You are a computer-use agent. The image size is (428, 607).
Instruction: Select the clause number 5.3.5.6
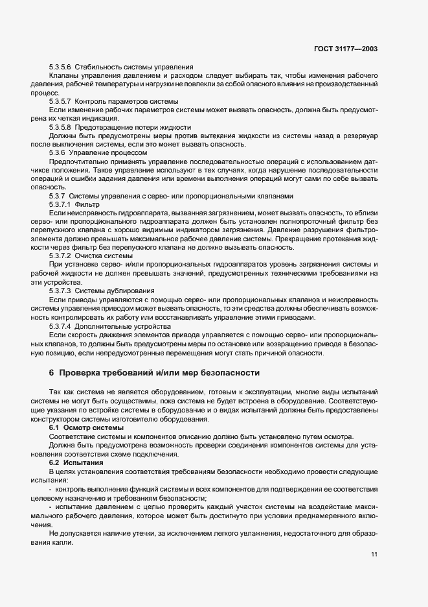(60, 67)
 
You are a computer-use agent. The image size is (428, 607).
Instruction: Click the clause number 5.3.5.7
(60, 102)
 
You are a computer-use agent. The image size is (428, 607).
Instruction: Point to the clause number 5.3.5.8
(60, 127)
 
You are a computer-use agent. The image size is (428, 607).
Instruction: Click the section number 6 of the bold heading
(52, 373)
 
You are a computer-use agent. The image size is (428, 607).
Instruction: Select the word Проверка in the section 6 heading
(82, 373)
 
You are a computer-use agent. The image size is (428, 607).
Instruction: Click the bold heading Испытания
(82, 462)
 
